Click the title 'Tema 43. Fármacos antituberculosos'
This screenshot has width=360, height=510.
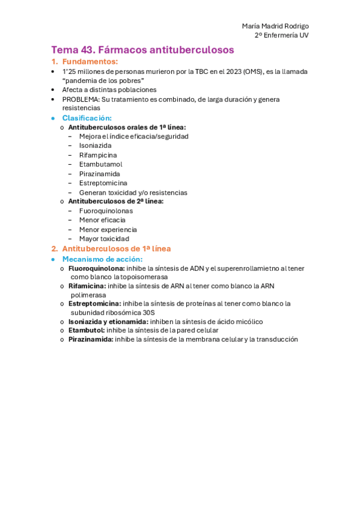pyautogui.click(x=142, y=50)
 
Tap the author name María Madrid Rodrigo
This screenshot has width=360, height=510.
pyautogui.click(x=275, y=26)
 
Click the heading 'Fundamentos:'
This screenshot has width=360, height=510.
pyautogui.click(x=90, y=62)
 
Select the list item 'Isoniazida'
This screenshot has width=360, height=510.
pyautogui.click(x=95, y=146)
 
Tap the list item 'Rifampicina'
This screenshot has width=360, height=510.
pyautogui.click(x=98, y=155)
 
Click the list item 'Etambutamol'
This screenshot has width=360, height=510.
pyautogui.click(x=100, y=164)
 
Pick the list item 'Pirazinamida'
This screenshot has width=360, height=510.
pyautogui.click(x=99, y=174)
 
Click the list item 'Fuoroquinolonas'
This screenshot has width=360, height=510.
pyautogui.click(x=106, y=211)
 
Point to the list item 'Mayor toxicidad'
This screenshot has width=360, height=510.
pyautogui.click(x=104, y=239)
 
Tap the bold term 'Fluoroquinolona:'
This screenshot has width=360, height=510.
pyautogui.click(x=97, y=268)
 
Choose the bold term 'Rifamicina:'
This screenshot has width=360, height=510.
pyautogui.click(x=87, y=286)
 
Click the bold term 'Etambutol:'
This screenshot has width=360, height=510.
pyautogui.click(x=87, y=330)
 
